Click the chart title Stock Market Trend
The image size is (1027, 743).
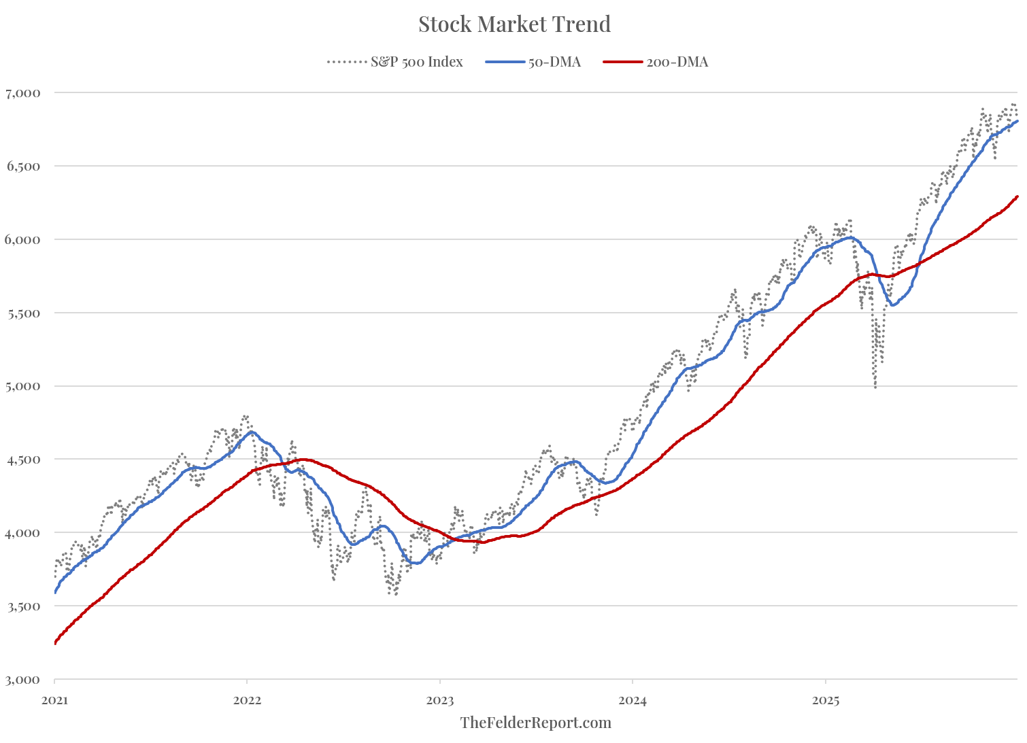coord(514,24)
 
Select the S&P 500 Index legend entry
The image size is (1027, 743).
coord(416,62)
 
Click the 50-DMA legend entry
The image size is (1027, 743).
coord(554,62)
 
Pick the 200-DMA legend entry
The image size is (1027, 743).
coord(677,62)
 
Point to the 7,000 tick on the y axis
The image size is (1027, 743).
coord(22,92)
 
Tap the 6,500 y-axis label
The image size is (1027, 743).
coord(22,166)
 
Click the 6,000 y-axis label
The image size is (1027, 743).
coord(22,239)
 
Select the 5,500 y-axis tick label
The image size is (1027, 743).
coord(22,313)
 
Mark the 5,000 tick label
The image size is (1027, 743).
coord(22,386)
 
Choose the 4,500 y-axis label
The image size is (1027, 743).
coord(22,460)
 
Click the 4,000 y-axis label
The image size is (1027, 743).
coord(22,533)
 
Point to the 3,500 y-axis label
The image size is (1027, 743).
coord(22,606)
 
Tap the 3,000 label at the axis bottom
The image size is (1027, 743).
coord(22,680)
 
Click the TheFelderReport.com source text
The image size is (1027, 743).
coord(535,723)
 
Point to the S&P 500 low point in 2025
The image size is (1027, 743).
coord(875,387)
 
